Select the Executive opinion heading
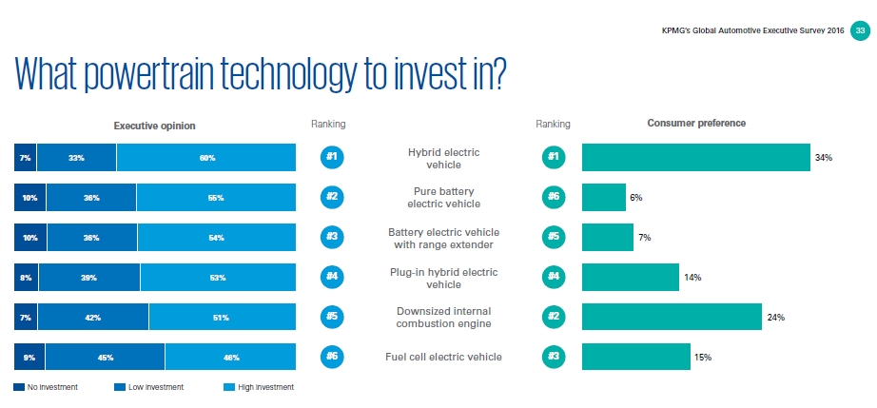tap(154, 125)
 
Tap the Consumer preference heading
tap(696, 124)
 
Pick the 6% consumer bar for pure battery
tap(603, 197)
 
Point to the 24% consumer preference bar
tap(672, 317)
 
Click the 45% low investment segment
tap(105, 357)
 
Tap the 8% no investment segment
tap(26, 277)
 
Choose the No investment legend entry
tap(46, 387)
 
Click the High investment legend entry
tap(257, 387)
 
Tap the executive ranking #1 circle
tap(332, 157)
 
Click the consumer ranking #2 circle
tap(552, 317)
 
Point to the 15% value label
tap(703, 357)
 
